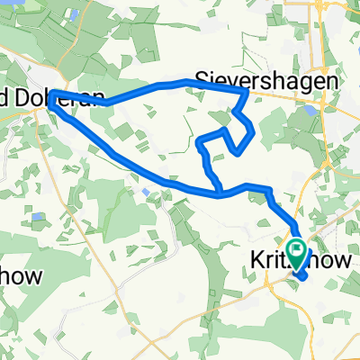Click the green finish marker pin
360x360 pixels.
(x=295, y=247)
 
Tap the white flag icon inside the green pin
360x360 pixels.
(x=295, y=244)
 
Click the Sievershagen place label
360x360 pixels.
(x=268, y=79)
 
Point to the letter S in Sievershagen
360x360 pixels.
(x=202, y=79)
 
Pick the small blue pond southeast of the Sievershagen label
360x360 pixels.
(x=310, y=112)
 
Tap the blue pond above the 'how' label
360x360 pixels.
(x=37, y=217)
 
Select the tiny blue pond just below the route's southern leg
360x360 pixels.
(x=146, y=191)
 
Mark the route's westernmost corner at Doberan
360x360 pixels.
(x=51, y=94)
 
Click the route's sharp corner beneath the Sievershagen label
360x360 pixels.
(x=247, y=90)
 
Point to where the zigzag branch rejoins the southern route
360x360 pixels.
(x=220, y=191)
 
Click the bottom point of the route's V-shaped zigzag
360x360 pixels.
(x=236, y=151)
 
